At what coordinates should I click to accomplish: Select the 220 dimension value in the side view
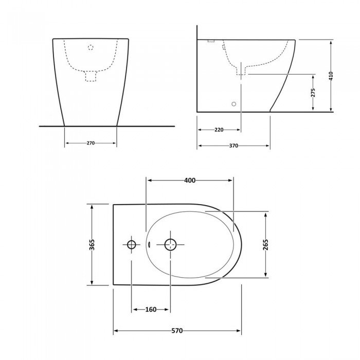tap(219, 130)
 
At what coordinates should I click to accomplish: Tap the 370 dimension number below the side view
tap(233, 146)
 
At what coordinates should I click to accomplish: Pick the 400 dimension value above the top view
tap(190, 180)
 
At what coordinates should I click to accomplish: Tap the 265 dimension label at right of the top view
tap(266, 244)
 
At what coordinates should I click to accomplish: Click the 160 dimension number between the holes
tap(151, 309)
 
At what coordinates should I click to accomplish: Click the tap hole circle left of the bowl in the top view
tap(132, 244)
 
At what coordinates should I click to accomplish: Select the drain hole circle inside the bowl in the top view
tap(170, 244)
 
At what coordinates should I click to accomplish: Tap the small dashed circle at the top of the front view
tap(91, 47)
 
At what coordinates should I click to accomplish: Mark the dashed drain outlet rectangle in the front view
tap(91, 76)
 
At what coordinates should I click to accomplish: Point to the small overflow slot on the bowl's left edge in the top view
tap(148, 245)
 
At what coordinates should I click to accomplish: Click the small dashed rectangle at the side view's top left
tap(211, 41)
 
